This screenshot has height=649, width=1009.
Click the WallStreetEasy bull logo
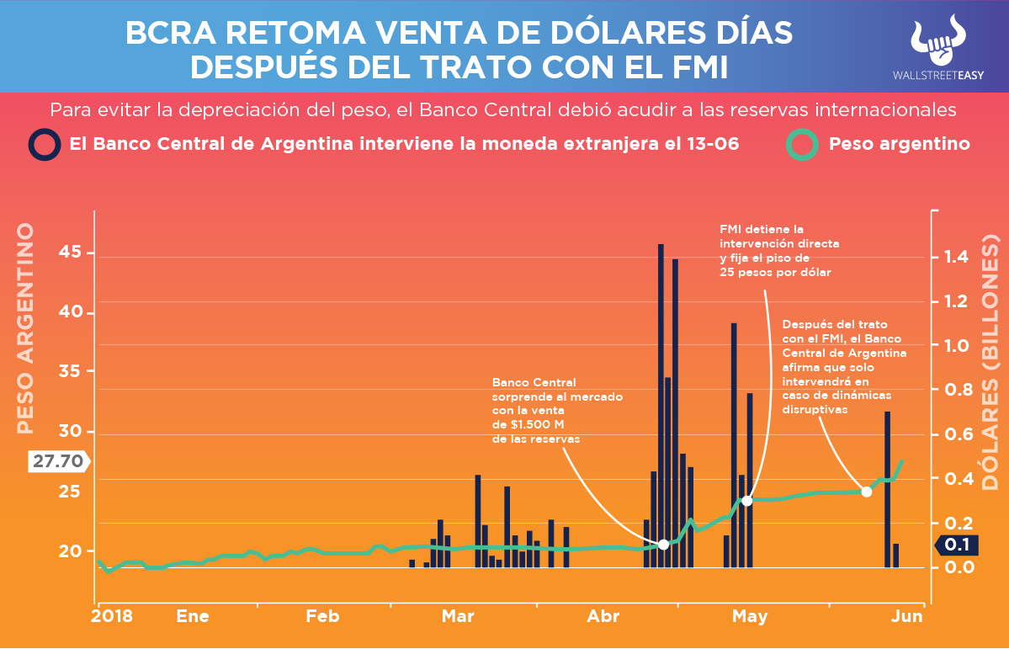[937, 40]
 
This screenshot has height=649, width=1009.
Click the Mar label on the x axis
[458, 617]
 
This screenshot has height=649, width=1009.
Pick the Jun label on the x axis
[907, 617]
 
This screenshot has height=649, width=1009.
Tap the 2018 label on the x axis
[112, 617]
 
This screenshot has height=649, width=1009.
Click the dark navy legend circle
[44, 144]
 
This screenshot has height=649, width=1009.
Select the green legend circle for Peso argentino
[802, 144]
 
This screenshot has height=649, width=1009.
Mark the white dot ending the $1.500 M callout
[663, 545]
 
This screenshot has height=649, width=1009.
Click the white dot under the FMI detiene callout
[746, 501]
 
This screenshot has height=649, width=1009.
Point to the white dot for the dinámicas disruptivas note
[866, 492]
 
